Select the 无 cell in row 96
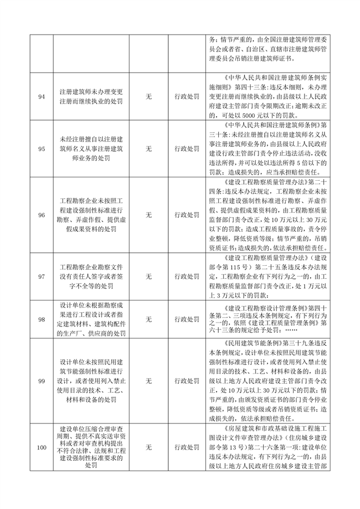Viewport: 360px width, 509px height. point(149,215)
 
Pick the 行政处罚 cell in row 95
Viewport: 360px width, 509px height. point(187,149)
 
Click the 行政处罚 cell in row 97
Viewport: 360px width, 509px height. point(187,276)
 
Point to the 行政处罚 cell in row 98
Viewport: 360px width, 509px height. point(187,319)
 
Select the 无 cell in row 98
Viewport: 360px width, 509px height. point(149,319)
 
